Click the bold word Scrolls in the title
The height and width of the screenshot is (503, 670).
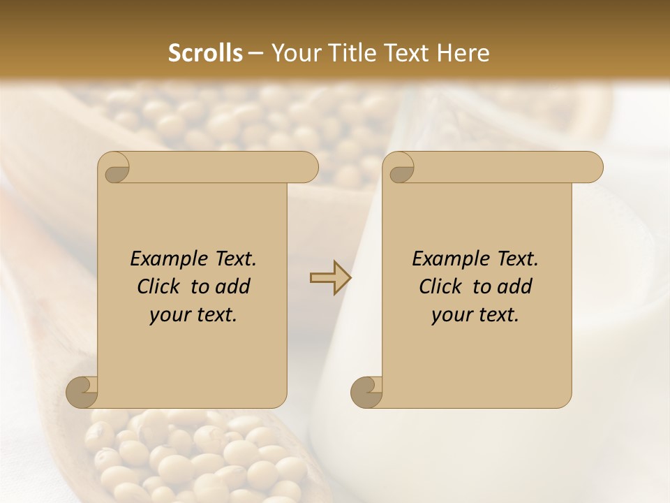(205, 53)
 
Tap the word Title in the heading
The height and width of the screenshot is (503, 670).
(348, 53)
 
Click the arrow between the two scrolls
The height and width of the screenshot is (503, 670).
(330, 278)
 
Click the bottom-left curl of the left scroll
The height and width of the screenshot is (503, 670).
(82, 391)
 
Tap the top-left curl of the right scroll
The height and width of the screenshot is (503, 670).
(401, 168)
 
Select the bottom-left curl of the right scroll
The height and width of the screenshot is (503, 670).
(366, 391)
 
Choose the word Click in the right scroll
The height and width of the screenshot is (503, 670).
(440, 286)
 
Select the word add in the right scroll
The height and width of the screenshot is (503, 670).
(515, 286)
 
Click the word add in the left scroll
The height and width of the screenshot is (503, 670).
(233, 286)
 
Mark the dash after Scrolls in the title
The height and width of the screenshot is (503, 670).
(255, 54)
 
